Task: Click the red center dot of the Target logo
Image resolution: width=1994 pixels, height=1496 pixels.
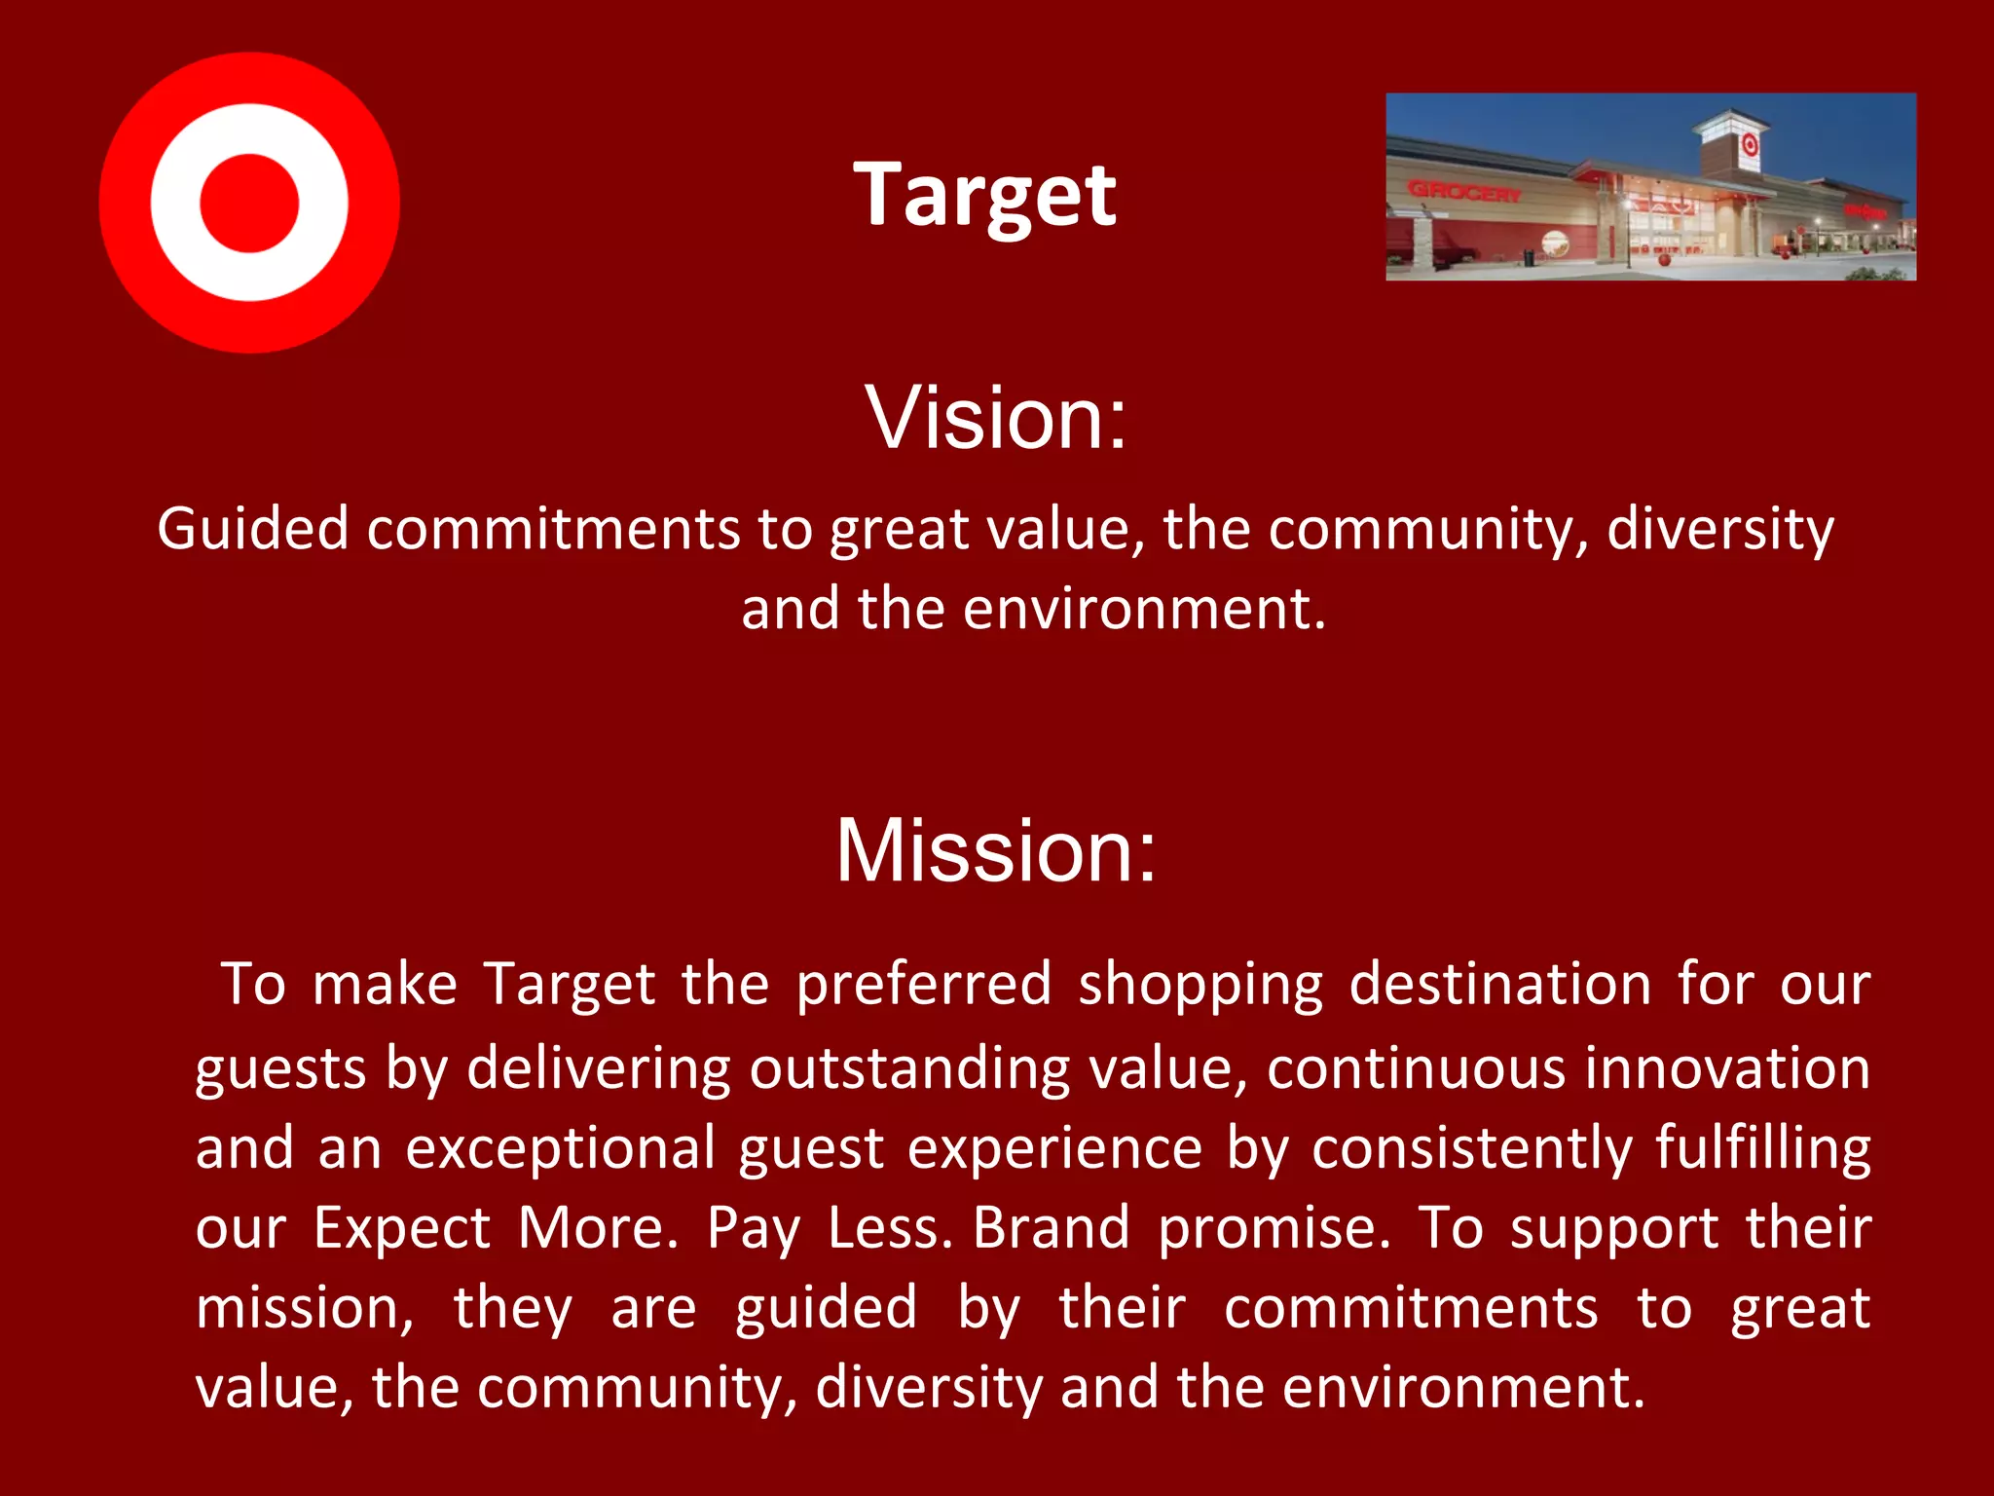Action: (249, 203)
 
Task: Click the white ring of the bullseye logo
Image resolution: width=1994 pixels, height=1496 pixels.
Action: (175, 203)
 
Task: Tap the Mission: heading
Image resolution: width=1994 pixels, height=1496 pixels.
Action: (996, 850)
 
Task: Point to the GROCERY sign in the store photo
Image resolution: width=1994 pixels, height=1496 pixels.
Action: (1463, 192)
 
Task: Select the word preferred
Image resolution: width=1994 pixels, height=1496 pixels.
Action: (924, 985)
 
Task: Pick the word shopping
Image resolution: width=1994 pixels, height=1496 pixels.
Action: (1200, 985)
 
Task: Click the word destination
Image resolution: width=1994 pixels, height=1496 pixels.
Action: (1499, 984)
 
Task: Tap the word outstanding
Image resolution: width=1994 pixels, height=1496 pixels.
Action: (909, 1068)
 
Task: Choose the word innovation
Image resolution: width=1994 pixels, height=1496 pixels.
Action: (1726, 1067)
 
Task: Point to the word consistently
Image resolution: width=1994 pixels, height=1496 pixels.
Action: (1470, 1149)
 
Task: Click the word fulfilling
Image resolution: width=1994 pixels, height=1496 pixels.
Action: (1762, 1149)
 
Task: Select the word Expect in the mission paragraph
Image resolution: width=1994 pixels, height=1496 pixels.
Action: (401, 1229)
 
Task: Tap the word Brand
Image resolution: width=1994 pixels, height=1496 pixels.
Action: (1052, 1227)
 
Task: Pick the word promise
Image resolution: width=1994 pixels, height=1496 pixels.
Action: (1274, 1229)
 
